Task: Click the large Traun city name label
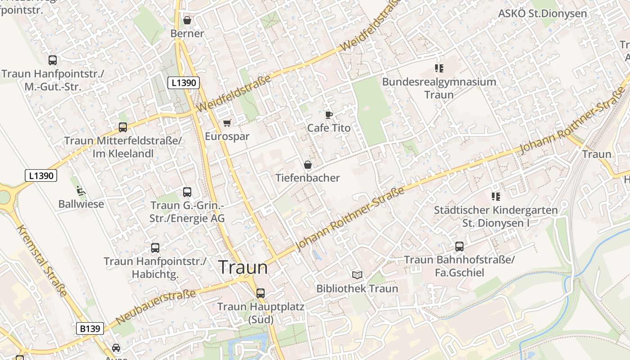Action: click(243, 267)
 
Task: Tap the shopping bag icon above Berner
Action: click(187, 20)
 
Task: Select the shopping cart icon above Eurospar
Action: click(227, 123)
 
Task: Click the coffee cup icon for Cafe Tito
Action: click(329, 115)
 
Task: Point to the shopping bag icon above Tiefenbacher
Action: click(308, 165)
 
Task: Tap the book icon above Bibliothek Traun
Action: click(357, 275)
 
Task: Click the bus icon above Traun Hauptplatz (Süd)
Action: click(261, 293)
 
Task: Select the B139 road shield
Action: click(90, 328)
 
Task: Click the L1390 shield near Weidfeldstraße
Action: click(183, 83)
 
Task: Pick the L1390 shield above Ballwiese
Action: click(41, 175)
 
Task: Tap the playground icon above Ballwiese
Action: click(81, 191)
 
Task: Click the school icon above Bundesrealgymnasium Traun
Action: click(439, 68)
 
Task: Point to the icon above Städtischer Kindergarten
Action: click(496, 196)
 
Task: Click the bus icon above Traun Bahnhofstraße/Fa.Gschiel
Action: click(459, 247)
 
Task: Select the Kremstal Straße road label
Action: click(43, 261)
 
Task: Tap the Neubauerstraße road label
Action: click(156, 307)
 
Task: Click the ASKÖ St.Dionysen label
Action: click(542, 13)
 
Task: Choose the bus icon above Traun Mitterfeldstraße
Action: click(123, 127)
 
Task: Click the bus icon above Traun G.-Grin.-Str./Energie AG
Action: click(187, 192)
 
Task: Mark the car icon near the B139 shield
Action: click(116, 348)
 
